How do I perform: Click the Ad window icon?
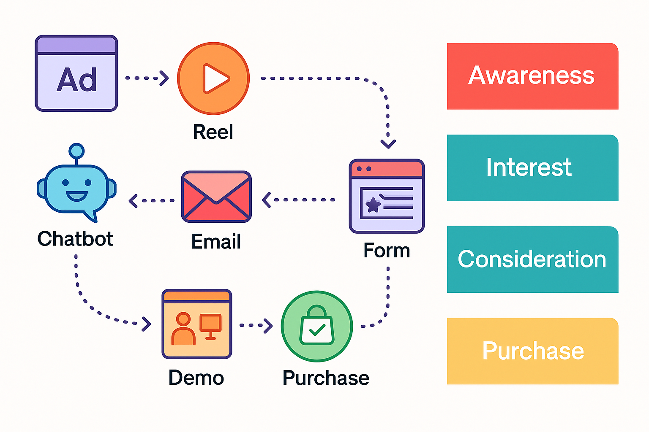pos(76,73)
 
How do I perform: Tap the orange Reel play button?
pos(213,78)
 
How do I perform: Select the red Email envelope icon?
pos(216,197)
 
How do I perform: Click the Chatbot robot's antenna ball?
pos(76,151)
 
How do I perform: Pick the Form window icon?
pos(387,196)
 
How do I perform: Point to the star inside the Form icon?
pos(373,205)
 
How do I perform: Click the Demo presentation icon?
pos(197,324)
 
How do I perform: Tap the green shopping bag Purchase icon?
pos(317,326)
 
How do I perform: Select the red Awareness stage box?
pos(532,76)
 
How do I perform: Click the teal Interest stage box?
pos(532,168)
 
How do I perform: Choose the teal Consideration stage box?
pos(532,259)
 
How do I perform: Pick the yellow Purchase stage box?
pos(532,351)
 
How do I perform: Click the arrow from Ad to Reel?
pos(147,78)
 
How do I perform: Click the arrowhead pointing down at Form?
pos(388,143)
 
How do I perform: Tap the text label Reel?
pos(213,132)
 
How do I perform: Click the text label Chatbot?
pos(75,239)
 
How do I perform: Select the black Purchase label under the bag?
pos(326,378)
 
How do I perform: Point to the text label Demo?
pos(196,378)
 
